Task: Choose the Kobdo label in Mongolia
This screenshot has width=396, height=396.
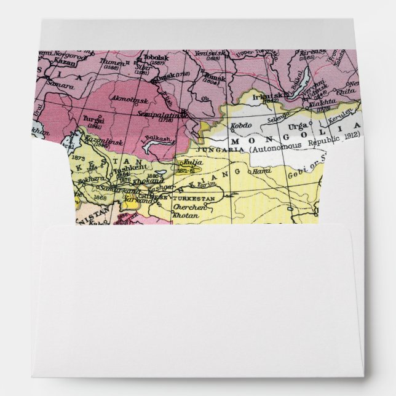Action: click(240, 126)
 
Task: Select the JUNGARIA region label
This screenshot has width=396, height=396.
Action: click(213, 148)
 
